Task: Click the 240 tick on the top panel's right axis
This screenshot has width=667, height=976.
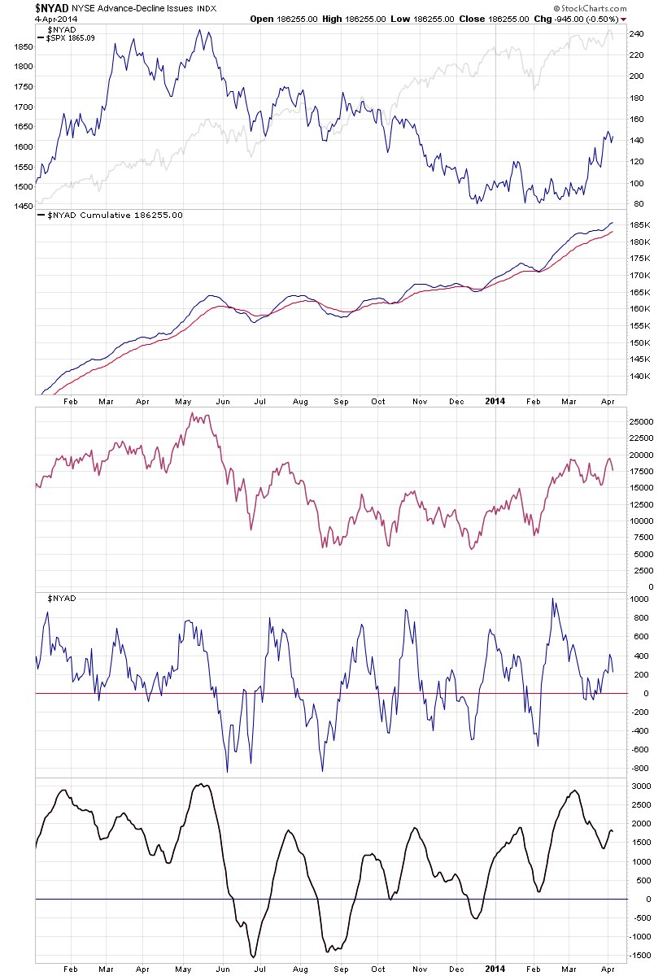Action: click(638, 34)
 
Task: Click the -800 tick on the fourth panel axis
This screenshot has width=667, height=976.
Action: click(639, 769)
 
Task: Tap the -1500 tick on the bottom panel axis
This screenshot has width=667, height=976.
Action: click(643, 956)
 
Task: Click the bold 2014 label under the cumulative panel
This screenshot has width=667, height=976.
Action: click(496, 401)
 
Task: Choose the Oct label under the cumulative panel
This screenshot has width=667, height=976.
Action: click(377, 401)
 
